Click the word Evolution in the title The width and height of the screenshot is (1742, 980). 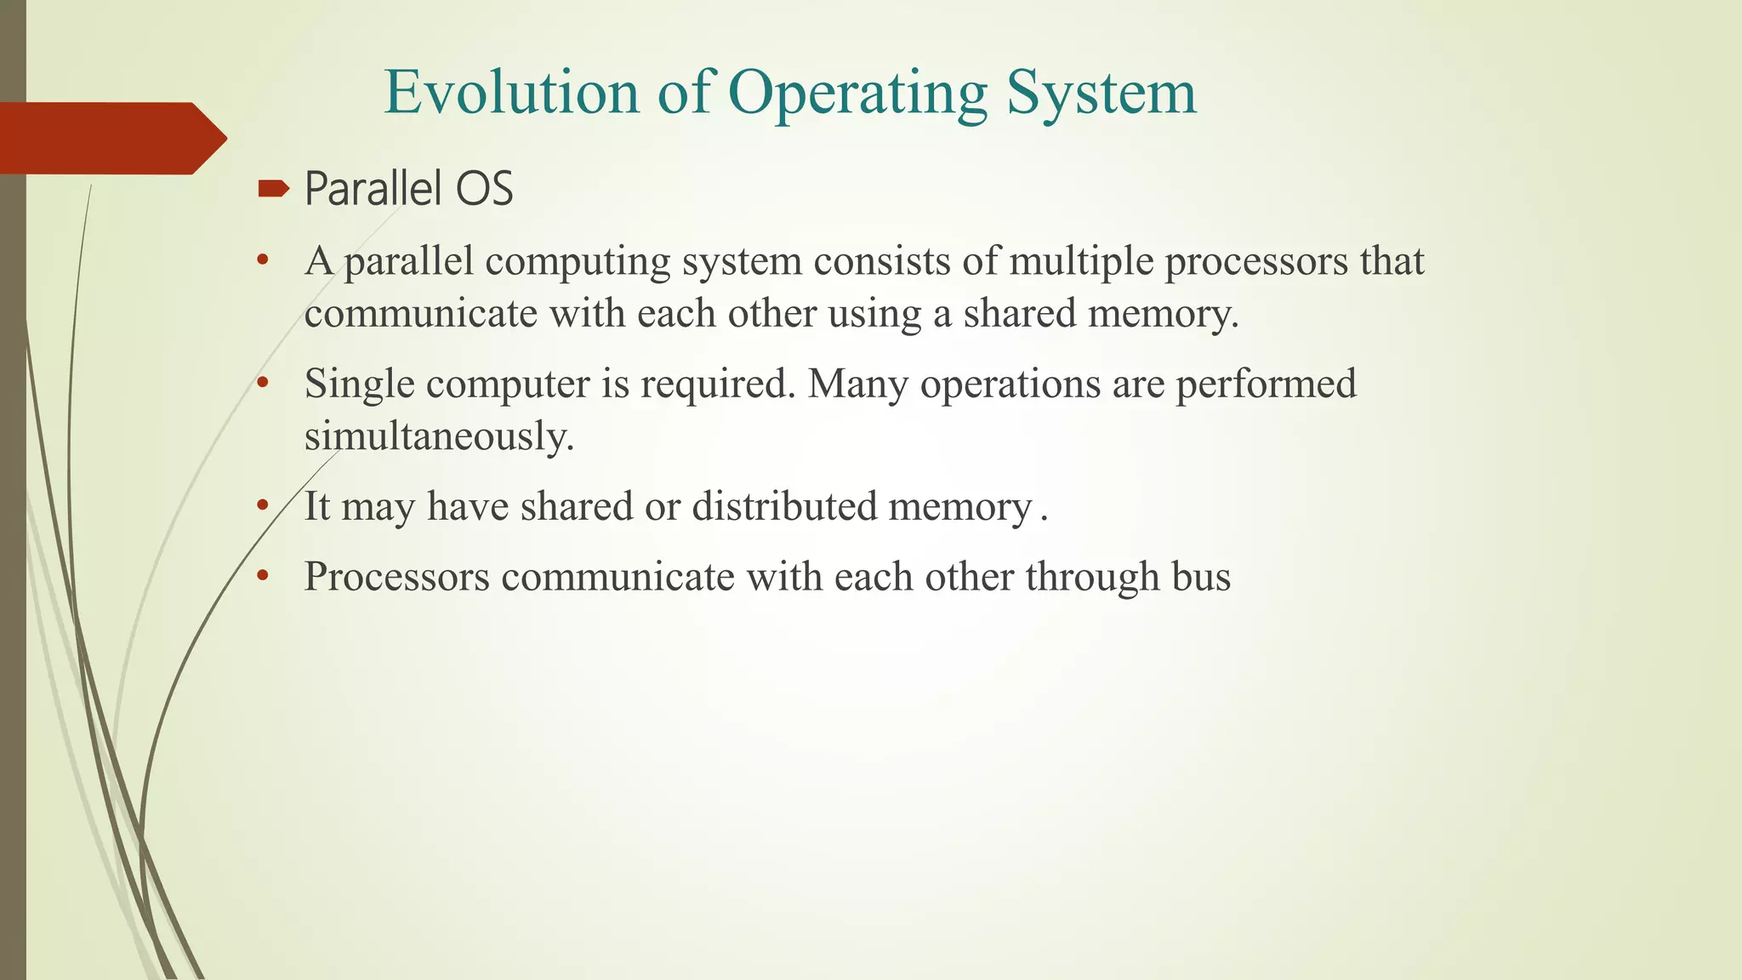point(511,92)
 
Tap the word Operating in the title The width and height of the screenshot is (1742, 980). point(857,94)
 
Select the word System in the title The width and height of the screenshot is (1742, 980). point(1102,94)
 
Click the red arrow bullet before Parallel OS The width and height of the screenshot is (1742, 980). point(273,188)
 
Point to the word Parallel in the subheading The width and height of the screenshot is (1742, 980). point(374,188)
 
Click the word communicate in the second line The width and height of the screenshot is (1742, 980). point(421,313)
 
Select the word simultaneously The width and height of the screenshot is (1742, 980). point(439,437)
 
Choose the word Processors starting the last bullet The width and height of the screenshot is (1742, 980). point(397,577)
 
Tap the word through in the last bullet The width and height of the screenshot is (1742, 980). point(1092,577)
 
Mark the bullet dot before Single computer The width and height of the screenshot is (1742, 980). point(263,384)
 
